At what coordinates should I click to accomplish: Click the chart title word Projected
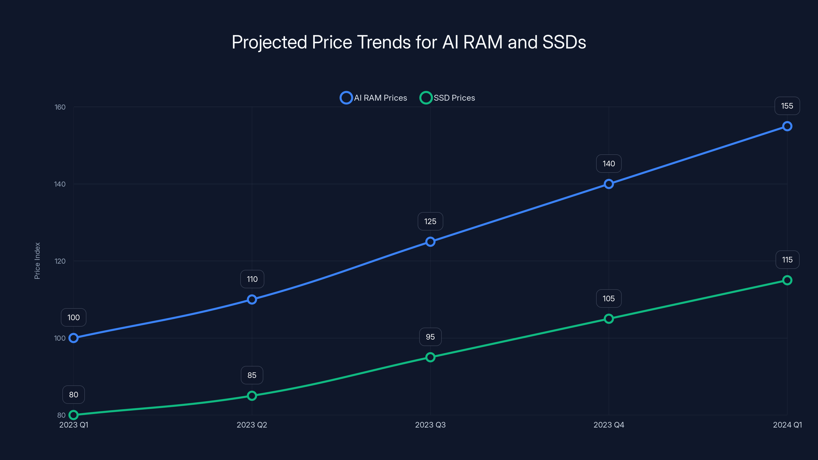pos(269,42)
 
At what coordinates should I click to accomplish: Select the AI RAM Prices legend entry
pos(373,98)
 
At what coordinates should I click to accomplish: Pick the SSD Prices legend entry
pos(447,98)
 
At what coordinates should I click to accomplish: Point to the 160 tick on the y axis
pos(60,107)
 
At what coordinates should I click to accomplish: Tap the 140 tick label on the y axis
pos(60,184)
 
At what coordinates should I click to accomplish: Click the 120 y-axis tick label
pos(60,261)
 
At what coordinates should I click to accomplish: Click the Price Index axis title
pos(37,261)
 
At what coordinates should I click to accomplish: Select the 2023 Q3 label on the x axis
pos(430,425)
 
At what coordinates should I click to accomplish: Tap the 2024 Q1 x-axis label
pos(787,425)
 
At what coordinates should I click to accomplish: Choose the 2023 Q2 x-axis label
pos(252,425)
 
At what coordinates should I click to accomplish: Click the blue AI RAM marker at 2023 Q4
pos(609,184)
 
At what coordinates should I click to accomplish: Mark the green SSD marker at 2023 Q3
pos(430,357)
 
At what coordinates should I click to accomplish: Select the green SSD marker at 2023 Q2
pos(252,396)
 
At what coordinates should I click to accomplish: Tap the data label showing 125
pos(430,221)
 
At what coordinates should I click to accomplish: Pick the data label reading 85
pos(252,375)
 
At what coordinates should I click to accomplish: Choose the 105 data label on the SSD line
pos(609,298)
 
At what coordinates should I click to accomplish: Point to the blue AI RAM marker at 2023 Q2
pos(252,299)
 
